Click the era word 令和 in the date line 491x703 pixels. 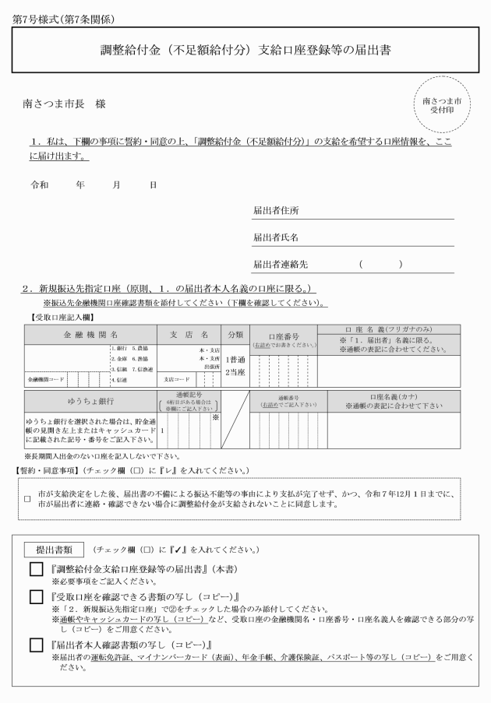pos(39,185)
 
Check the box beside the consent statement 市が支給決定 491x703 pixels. pos(27,499)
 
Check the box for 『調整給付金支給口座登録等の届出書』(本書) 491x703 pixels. pos(36,571)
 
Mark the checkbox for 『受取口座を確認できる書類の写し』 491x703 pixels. pos(36,598)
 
